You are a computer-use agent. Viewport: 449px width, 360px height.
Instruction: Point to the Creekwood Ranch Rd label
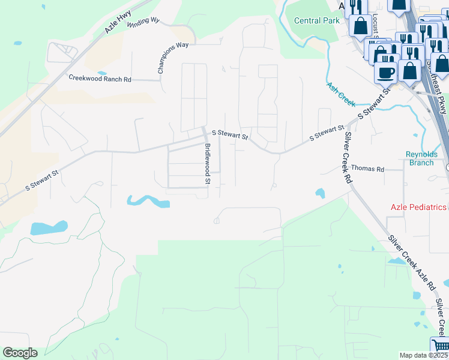[x=100, y=79]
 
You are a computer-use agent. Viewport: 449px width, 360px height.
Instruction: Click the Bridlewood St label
[x=208, y=163]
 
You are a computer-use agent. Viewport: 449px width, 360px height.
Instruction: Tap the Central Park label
[x=316, y=20]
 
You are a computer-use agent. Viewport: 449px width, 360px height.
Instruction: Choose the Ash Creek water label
[x=341, y=92]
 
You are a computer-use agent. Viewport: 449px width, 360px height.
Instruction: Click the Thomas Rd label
[x=367, y=169]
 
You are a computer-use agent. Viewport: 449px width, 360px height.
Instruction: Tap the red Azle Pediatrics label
[x=418, y=207]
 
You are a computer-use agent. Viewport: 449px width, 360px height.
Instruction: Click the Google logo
[x=20, y=353]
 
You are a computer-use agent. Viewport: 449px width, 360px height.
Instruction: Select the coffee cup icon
[x=385, y=72]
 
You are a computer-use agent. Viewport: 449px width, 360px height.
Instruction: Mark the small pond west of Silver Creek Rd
[x=320, y=193]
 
